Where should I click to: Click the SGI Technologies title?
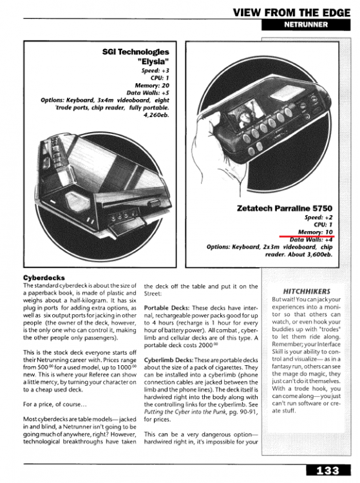136,52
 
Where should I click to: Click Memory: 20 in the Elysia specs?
155,85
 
